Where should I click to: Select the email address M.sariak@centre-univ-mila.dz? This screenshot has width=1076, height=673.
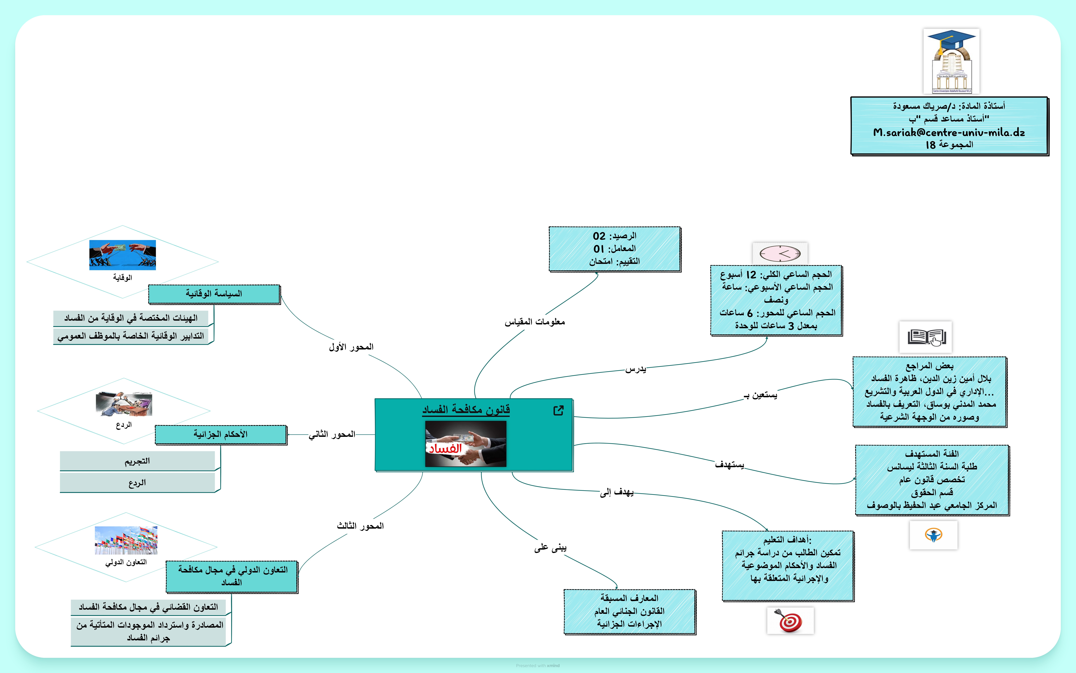click(949, 132)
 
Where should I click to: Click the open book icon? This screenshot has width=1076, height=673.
click(926, 337)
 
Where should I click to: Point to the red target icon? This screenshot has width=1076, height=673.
click(790, 621)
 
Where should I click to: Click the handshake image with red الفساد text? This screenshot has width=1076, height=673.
click(465, 444)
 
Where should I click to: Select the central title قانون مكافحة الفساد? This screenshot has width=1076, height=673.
click(466, 410)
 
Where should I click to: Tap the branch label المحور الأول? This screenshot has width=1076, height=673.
click(351, 347)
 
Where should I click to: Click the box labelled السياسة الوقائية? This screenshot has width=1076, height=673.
click(214, 294)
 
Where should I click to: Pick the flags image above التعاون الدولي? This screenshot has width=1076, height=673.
click(126, 540)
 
